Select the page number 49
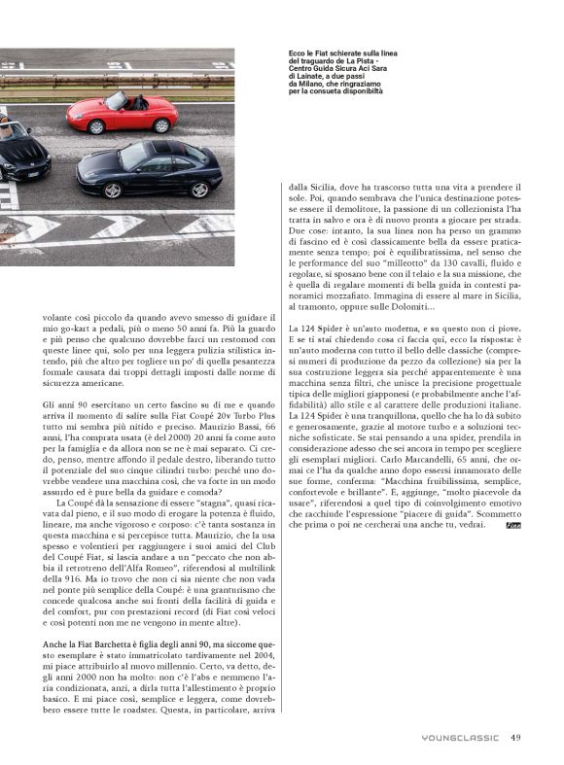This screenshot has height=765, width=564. click(516, 737)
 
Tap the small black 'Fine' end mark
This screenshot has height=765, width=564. click(513, 525)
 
